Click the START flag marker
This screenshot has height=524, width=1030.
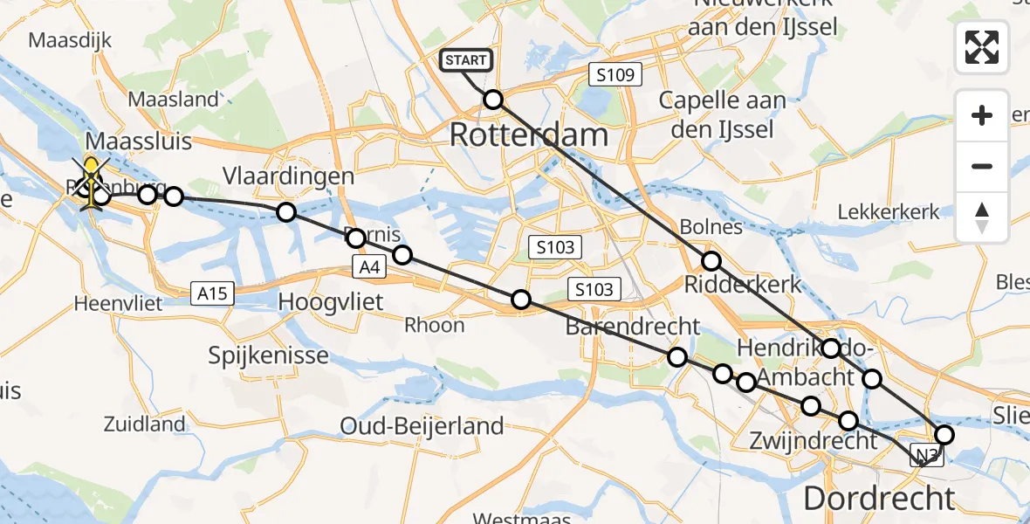point(466,60)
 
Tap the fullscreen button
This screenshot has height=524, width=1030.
point(982,47)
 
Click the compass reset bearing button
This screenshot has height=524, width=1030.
point(982,217)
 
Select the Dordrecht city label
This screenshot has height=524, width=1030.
point(879,499)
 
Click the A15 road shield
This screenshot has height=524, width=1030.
point(212,293)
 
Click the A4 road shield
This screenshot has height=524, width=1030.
point(368,267)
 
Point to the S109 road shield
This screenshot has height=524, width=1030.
point(615,75)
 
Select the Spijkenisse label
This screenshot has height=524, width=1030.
point(269,355)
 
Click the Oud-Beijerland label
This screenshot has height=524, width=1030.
point(422,426)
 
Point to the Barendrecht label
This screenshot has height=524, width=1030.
point(633,327)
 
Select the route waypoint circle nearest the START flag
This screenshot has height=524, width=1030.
point(493,100)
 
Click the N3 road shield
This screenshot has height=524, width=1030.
point(927,453)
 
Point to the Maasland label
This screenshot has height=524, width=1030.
point(173,100)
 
